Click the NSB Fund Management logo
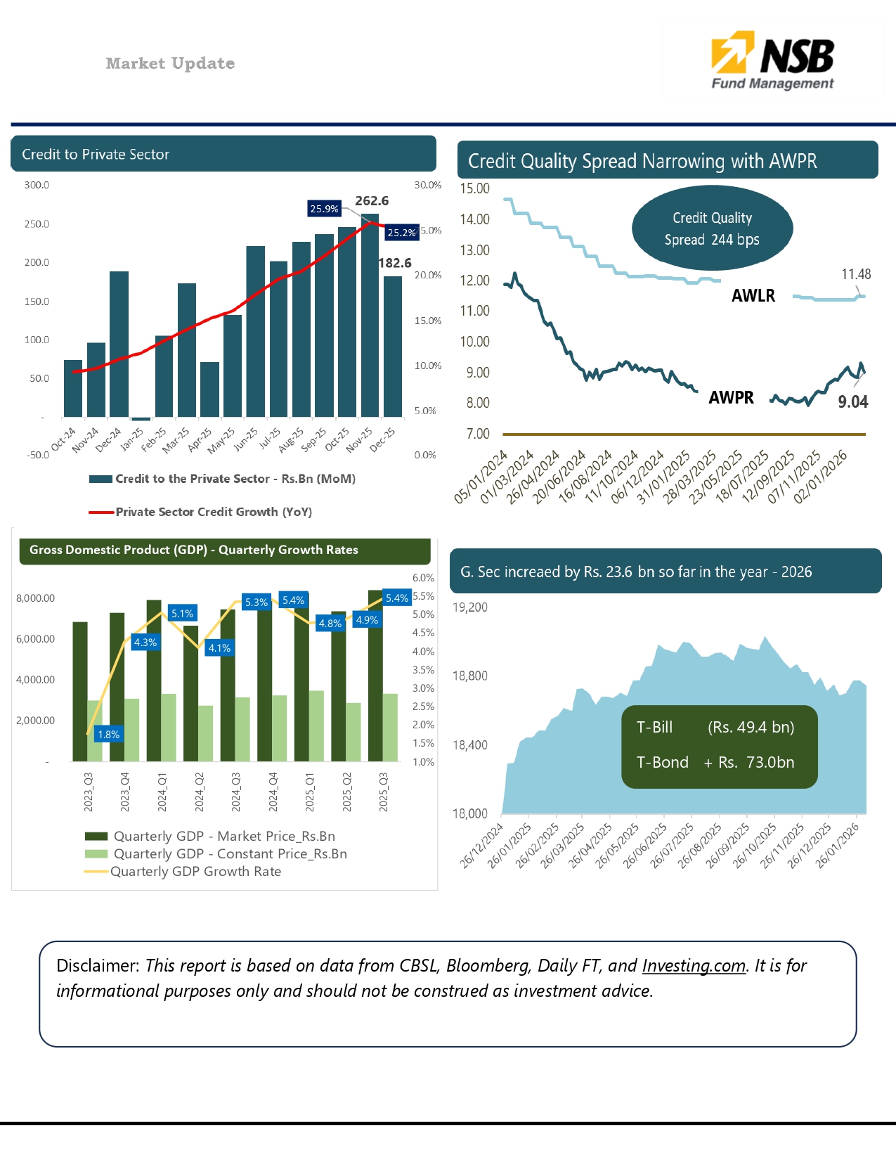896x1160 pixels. (x=772, y=60)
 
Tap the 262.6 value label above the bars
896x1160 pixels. (x=372, y=201)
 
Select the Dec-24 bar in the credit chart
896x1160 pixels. (x=119, y=344)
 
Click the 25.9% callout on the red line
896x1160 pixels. (x=324, y=209)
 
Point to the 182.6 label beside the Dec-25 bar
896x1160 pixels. (x=395, y=263)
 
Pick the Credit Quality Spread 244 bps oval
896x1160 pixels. (x=712, y=228)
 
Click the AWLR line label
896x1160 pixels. (x=753, y=296)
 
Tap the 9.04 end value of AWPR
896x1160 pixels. (x=852, y=402)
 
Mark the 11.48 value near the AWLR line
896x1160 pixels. (x=856, y=274)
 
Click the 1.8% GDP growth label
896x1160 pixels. (x=108, y=735)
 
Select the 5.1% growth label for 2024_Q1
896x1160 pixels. (x=182, y=614)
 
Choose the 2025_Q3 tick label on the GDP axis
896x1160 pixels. (x=384, y=792)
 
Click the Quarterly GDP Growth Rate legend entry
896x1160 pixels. (x=195, y=872)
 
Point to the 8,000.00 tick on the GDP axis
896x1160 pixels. (x=35, y=598)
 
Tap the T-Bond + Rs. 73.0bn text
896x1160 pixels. (x=715, y=763)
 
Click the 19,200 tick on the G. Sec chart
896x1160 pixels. (x=469, y=607)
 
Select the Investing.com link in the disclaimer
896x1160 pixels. (x=694, y=966)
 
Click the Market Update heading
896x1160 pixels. (x=170, y=63)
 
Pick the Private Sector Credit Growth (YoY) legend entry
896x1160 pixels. (x=213, y=512)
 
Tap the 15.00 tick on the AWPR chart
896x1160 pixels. (x=474, y=188)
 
